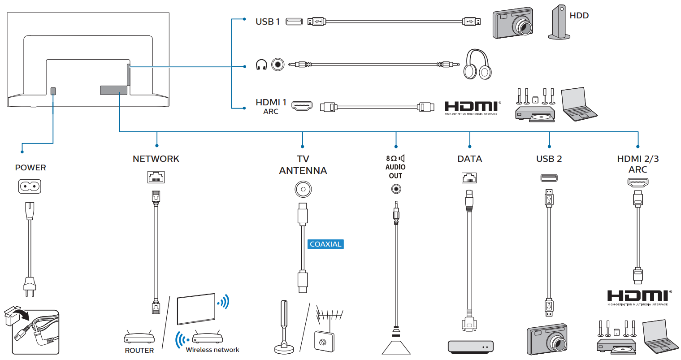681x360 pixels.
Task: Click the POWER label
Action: (30, 168)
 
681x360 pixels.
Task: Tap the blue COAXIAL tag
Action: (325, 244)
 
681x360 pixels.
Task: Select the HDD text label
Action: (579, 16)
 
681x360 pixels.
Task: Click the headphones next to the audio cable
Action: (477, 65)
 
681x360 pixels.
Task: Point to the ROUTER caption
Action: (139, 351)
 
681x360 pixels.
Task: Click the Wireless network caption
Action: (213, 350)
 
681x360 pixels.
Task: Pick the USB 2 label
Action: (549, 159)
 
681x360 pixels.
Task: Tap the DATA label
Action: (469, 159)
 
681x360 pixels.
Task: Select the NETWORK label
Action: (156, 159)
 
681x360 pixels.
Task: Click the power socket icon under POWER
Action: (30, 187)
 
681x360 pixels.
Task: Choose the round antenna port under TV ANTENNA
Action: (303, 189)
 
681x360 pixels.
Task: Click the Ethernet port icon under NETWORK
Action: (156, 177)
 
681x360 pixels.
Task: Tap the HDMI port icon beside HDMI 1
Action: (302, 106)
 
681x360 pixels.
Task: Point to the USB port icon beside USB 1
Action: (294, 21)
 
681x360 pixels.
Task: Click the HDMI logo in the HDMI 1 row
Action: (472, 107)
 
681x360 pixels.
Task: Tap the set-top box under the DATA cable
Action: (470, 346)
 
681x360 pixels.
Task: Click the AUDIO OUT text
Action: (395, 171)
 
